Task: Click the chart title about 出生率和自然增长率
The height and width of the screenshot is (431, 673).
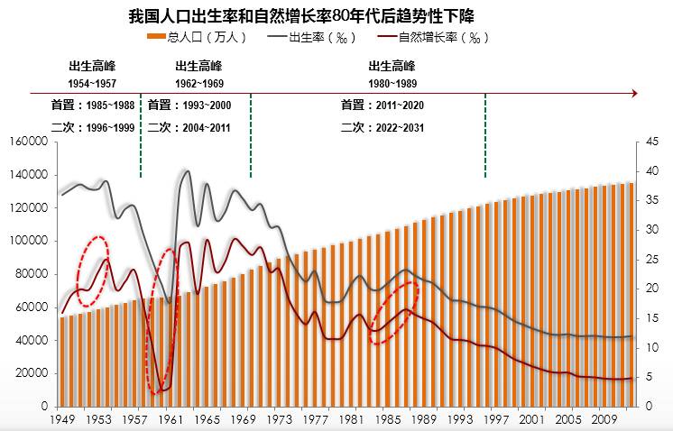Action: click(302, 17)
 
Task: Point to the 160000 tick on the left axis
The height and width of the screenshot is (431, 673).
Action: click(28, 142)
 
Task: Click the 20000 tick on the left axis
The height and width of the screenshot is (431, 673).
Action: click(31, 373)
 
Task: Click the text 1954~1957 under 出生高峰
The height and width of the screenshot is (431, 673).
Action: click(92, 83)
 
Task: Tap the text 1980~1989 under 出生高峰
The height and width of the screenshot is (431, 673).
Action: click(392, 83)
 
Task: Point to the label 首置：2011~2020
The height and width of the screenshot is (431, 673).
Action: click(383, 105)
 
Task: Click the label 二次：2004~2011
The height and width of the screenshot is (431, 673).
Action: click(189, 128)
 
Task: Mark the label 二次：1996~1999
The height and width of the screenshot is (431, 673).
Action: click(92, 128)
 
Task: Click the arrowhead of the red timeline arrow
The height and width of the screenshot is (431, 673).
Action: click(635, 92)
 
